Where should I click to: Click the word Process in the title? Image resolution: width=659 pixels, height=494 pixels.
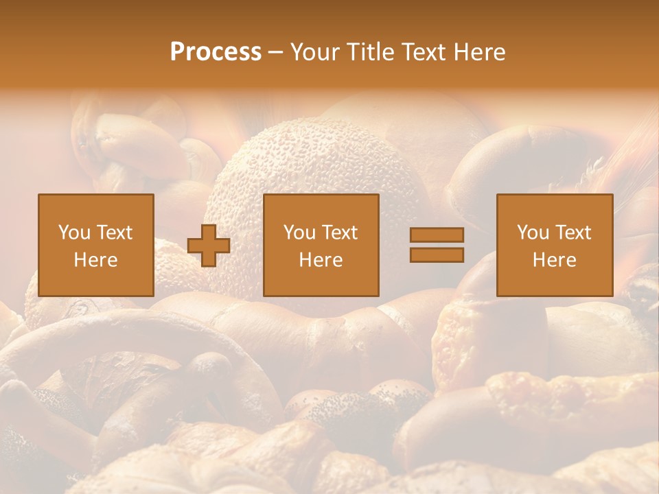point(216,52)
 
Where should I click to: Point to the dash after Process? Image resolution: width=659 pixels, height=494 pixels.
point(275,53)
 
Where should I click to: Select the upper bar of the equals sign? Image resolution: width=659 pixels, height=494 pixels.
point(437,235)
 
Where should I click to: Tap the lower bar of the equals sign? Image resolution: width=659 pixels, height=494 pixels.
point(437,255)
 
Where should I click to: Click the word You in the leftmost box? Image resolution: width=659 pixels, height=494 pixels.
point(73,233)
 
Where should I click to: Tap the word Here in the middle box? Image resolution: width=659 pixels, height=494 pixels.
point(321,260)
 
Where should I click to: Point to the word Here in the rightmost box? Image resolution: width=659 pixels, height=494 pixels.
point(555,260)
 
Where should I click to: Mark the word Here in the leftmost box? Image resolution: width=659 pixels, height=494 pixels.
point(96,260)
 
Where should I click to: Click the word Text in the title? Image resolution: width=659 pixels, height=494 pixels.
point(421,52)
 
